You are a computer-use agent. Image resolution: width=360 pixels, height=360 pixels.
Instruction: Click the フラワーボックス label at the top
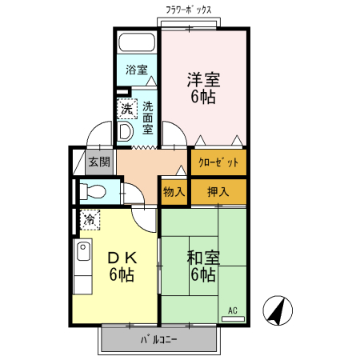189,10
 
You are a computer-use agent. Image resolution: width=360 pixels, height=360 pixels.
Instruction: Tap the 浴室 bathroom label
137,70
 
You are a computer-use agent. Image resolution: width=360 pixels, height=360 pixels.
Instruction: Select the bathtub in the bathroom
137,43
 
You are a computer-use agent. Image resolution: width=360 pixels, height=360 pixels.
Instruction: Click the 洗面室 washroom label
148,116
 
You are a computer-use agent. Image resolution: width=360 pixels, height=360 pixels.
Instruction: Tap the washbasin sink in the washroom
126,132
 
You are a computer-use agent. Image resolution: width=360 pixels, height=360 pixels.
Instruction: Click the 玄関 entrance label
98,161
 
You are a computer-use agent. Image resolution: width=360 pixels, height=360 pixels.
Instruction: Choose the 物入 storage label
174,192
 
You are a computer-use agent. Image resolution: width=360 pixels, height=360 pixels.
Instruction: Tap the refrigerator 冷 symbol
89,217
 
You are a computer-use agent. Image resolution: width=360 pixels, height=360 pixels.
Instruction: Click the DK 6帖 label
122,266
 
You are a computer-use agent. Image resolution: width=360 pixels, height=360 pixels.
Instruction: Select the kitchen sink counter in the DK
82,268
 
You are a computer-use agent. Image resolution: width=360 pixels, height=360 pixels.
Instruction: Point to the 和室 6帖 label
202,266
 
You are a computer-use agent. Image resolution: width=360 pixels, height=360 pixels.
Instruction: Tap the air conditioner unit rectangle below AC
234,318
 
